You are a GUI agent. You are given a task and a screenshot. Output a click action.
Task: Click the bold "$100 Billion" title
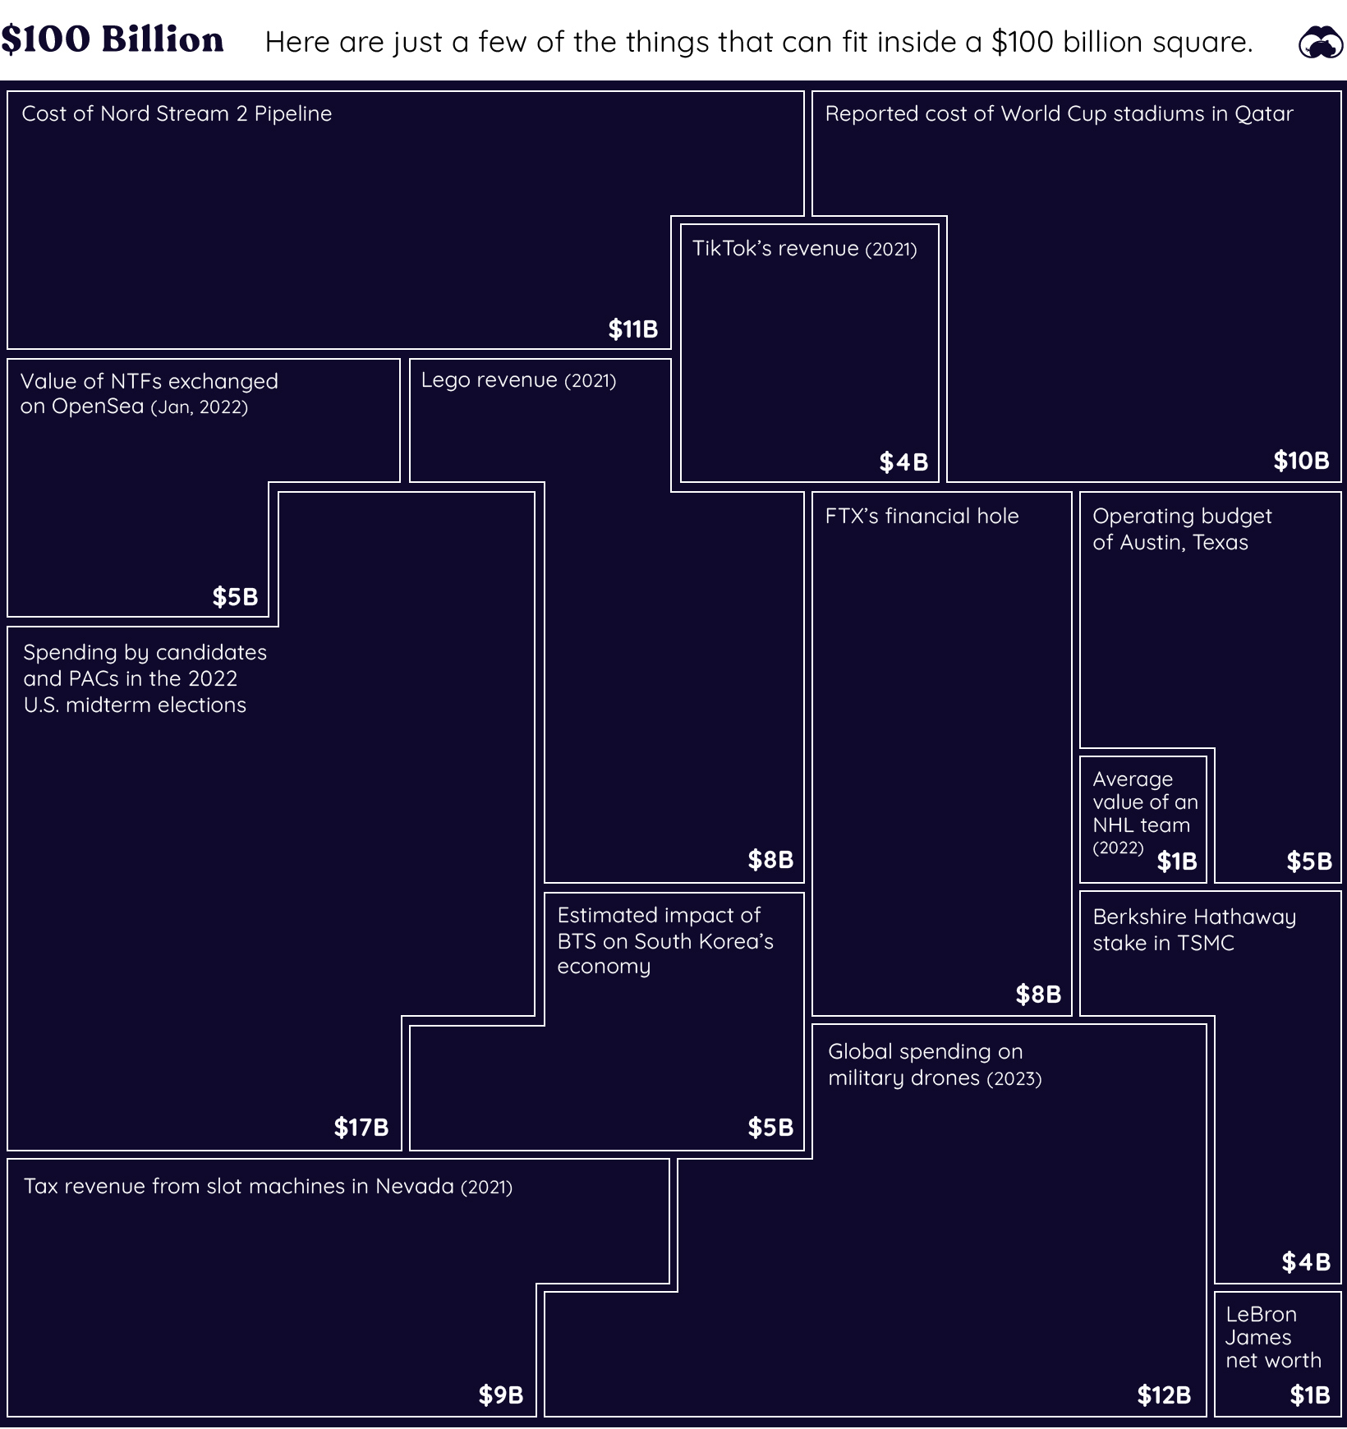click(x=113, y=39)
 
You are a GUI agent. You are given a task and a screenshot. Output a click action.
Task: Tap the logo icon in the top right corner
click(x=1321, y=42)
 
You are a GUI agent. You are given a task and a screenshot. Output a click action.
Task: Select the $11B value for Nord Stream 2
click(x=633, y=329)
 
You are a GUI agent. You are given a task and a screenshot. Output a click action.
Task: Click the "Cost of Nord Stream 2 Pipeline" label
click(x=177, y=113)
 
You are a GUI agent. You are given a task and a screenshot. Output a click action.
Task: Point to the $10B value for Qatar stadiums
click(x=1302, y=461)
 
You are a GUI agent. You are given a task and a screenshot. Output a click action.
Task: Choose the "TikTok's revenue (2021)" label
click(x=804, y=248)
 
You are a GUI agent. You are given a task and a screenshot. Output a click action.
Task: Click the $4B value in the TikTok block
click(x=903, y=462)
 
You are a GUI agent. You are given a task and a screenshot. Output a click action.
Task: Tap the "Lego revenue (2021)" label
click(x=518, y=380)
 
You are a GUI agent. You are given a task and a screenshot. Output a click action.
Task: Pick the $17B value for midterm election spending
click(x=361, y=1128)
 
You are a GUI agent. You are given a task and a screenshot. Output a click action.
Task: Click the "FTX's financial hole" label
click(x=922, y=516)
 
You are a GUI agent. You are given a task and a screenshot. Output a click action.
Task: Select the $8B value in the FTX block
click(x=1038, y=995)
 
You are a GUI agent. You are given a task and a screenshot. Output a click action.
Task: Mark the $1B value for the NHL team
click(x=1177, y=862)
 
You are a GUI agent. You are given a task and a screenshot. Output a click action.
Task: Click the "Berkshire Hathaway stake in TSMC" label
click(x=1194, y=930)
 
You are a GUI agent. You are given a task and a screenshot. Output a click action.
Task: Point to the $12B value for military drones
click(x=1164, y=1395)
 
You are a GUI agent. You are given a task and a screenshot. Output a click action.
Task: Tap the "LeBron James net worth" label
click(x=1273, y=1337)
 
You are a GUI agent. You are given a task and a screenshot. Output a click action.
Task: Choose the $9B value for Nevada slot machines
click(x=501, y=1395)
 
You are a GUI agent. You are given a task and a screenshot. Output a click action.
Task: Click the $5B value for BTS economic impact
click(x=770, y=1128)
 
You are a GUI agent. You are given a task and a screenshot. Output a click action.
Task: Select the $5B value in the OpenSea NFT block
click(x=235, y=597)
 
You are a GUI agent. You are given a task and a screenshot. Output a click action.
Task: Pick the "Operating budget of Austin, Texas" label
click(x=1182, y=529)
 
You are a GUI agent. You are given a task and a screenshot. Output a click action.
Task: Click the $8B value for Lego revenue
click(x=770, y=860)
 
